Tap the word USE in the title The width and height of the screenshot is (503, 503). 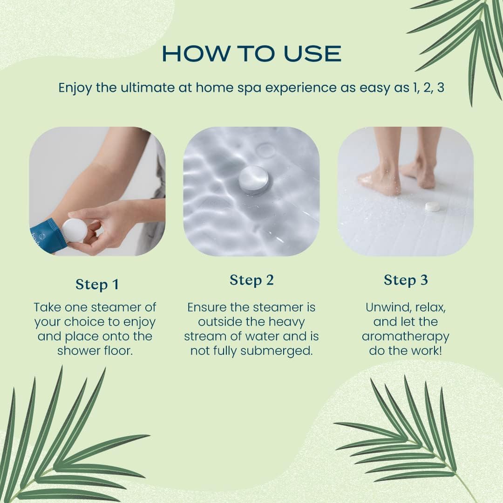click(x=312, y=54)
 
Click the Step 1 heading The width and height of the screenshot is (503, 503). click(x=97, y=284)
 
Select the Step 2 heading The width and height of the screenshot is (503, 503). click(x=251, y=280)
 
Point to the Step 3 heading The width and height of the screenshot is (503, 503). click(x=406, y=280)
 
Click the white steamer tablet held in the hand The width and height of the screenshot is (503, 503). click(x=75, y=230)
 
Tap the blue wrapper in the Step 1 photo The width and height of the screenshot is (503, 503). click(x=48, y=236)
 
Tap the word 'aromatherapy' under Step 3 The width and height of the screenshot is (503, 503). click(x=406, y=337)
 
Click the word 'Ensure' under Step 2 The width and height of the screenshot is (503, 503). click(x=207, y=307)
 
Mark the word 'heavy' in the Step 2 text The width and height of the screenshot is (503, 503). click(x=287, y=322)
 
